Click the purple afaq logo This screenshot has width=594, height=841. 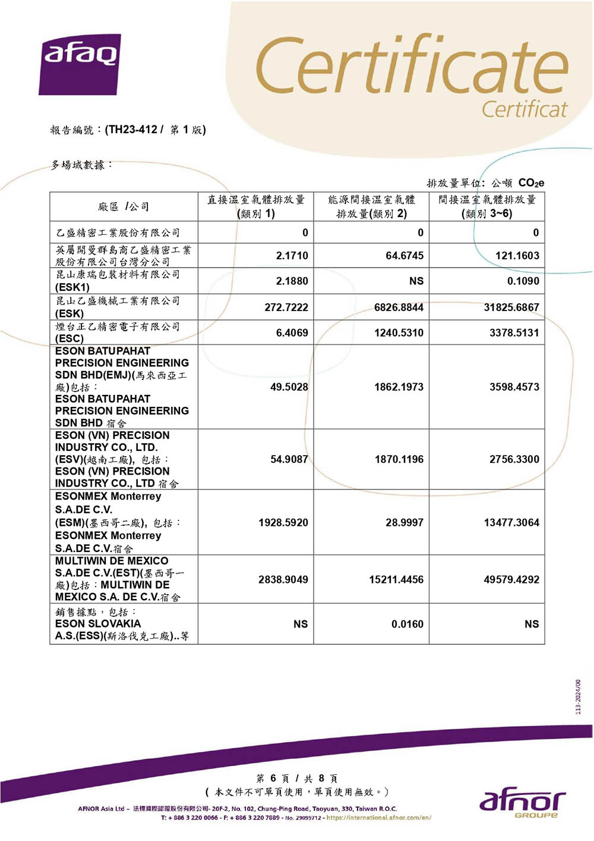[80, 64]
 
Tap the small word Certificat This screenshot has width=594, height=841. [524, 109]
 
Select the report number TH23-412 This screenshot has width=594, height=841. [132, 130]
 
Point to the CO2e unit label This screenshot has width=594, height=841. [530, 183]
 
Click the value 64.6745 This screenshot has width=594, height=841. [405, 256]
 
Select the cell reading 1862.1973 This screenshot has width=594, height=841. [399, 387]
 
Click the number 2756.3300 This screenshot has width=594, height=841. [514, 459]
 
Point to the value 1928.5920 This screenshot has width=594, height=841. [283, 523]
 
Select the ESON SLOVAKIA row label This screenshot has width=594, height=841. [98, 624]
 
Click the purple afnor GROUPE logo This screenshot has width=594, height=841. [522, 803]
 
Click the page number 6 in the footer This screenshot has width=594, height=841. [273, 779]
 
